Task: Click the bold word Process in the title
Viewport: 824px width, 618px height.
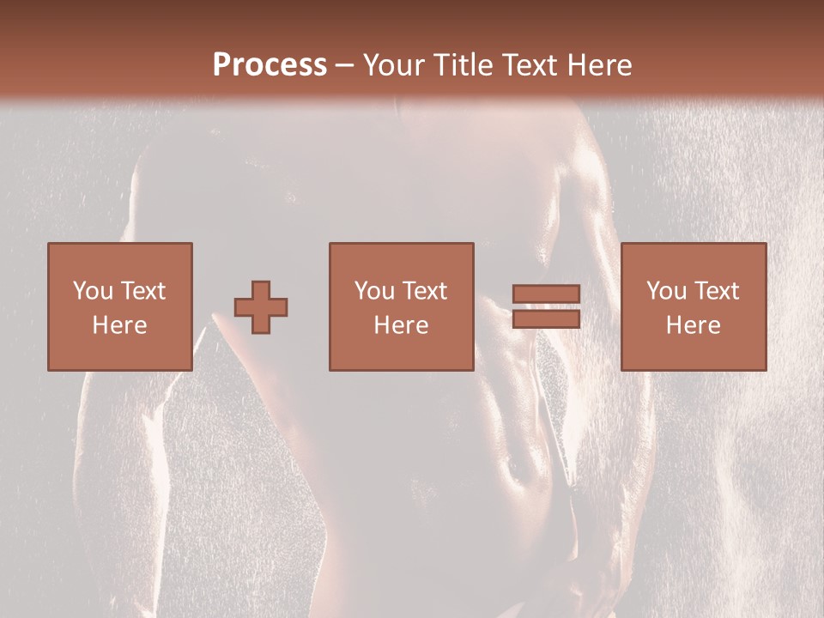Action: click(270, 65)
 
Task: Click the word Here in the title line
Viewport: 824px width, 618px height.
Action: click(603, 65)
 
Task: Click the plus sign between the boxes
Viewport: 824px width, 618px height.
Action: click(261, 307)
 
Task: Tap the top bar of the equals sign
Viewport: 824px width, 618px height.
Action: click(546, 294)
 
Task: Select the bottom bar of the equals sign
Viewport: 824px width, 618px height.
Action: click(546, 319)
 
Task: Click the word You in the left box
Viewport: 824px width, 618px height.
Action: click(93, 291)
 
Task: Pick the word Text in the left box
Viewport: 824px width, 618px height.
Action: click(142, 291)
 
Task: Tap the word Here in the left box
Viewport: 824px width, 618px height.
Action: click(119, 325)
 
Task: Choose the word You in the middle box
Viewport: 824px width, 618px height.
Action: click(374, 291)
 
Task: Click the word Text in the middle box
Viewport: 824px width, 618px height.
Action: click(424, 291)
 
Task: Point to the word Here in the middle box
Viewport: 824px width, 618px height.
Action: click(401, 325)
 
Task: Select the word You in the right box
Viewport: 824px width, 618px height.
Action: click(666, 291)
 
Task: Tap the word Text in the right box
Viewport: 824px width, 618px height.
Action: click(716, 291)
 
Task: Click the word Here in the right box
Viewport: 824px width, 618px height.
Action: click(693, 325)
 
